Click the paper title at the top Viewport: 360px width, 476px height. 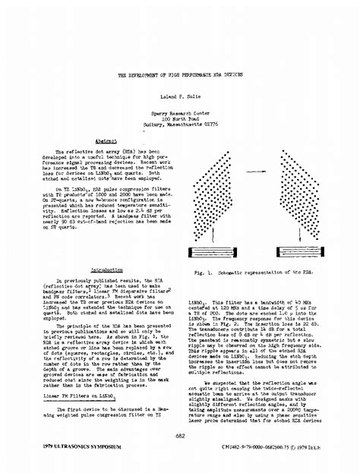(180, 76)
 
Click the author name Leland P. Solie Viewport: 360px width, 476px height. (180, 98)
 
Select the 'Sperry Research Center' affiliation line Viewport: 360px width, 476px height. (180, 112)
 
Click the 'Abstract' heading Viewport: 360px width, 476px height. (106, 141)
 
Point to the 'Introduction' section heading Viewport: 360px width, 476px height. (107, 270)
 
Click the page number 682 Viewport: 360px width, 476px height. (180, 436)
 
